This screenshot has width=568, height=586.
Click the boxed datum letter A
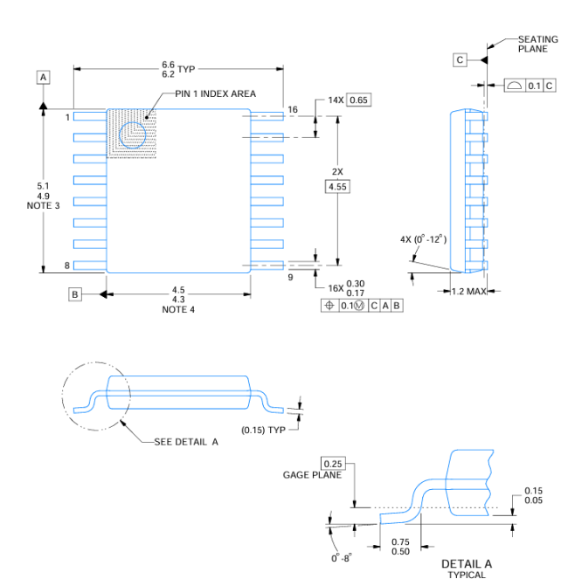click(43, 78)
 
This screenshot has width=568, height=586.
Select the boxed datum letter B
click(75, 294)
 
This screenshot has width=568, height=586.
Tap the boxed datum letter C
click(460, 59)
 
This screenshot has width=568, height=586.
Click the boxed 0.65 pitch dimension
click(359, 100)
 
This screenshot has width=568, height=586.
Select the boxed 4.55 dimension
click(336, 187)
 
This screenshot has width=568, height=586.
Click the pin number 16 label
click(293, 110)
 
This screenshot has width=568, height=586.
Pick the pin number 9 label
click(290, 278)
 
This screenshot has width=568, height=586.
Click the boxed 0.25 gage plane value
click(333, 463)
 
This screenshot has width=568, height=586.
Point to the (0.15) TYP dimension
click(264, 430)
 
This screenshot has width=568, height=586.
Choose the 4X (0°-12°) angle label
click(423, 238)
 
